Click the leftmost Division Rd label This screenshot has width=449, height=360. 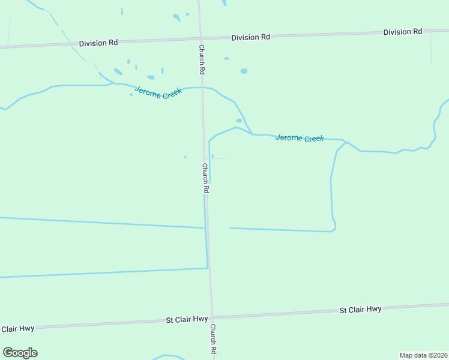coord(98,43)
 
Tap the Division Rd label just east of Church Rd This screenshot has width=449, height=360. coord(251,37)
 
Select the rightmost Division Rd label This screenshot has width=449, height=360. coord(403,32)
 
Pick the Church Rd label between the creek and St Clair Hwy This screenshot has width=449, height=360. coord(205,178)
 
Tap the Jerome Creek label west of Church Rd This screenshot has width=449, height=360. coord(158,93)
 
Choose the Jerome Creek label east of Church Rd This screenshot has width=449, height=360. coord(300,138)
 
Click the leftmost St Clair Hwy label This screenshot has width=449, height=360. coord(17,329)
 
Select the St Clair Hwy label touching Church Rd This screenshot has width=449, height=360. coord(187,320)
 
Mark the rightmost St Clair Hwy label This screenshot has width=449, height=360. coord(360,310)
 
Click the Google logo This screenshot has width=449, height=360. coord(20,353)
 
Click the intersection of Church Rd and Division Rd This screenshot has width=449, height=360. coord(200,39)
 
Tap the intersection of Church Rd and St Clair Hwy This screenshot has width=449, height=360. coord(211,317)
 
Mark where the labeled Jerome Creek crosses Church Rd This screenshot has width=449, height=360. coord(202,88)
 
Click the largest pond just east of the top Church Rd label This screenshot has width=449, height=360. coord(244,71)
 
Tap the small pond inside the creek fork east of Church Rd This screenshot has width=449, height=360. coord(239,120)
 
